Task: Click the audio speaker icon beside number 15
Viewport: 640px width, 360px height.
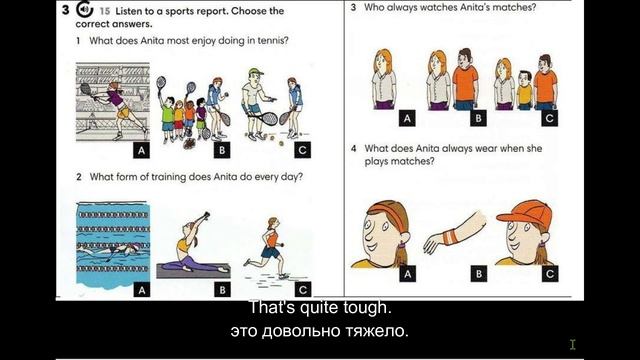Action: (x=84, y=9)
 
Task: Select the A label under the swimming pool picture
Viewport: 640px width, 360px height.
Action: (x=141, y=290)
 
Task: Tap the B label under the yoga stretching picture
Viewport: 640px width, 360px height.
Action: (x=222, y=289)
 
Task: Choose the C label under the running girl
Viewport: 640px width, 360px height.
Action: (x=302, y=289)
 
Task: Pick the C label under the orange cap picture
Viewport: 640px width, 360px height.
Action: (x=549, y=273)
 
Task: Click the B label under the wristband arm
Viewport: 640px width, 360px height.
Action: (x=478, y=273)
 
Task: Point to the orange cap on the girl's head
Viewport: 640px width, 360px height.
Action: (x=524, y=211)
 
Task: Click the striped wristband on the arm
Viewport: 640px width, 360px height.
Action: (x=450, y=238)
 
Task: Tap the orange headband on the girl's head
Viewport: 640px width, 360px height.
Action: (x=387, y=209)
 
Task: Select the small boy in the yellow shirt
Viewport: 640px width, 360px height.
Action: (x=524, y=90)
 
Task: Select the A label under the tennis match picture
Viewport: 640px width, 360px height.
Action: (x=141, y=150)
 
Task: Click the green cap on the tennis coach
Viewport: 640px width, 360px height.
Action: (x=255, y=72)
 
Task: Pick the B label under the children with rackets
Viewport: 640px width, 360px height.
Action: (x=222, y=150)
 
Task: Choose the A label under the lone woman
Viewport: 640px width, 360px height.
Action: (x=407, y=118)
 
